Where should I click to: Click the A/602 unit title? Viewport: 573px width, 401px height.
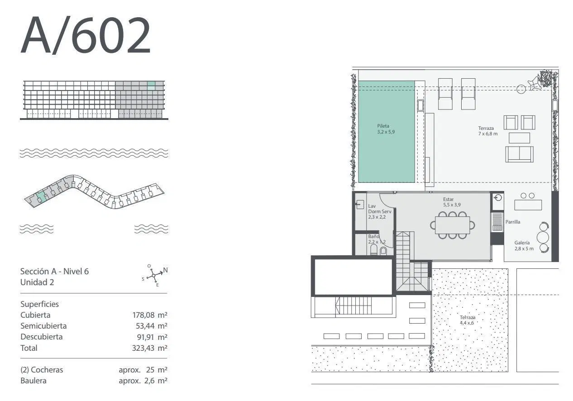click(86, 35)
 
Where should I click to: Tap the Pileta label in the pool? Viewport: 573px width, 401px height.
click(386, 129)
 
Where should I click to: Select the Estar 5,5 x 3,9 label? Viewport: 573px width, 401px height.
click(452, 202)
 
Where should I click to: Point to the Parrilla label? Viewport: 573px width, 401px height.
click(513, 222)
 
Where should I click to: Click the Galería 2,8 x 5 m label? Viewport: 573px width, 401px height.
click(524, 245)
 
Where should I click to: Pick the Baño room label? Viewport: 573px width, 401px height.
click(377, 239)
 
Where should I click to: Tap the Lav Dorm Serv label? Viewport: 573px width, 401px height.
click(380, 211)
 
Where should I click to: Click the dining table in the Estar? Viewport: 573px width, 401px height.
click(452, 225)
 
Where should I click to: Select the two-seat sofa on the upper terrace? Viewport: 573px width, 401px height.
click(519, 154)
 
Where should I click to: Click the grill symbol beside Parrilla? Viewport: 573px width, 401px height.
click(497, 222)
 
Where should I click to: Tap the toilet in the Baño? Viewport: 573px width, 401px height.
click(374, 250)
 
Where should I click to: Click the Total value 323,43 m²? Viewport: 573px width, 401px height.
click(150, 348)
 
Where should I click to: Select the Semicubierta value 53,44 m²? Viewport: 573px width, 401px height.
click(152, 326)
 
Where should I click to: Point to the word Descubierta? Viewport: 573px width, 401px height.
click(42, 337)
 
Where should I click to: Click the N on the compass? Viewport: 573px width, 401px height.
click(166, 270)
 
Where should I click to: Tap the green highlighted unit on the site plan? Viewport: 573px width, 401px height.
click(41, 197)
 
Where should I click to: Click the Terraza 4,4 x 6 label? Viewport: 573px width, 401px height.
click(467, 320)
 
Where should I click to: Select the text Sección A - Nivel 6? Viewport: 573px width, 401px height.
click(54, 272)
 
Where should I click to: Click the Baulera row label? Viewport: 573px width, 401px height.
click(33, 381)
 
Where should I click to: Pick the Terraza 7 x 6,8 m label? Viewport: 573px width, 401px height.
click(488, 131)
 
